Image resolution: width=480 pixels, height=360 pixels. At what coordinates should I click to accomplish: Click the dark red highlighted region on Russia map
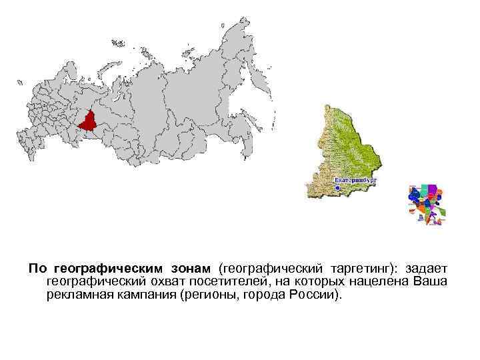coord(89,121)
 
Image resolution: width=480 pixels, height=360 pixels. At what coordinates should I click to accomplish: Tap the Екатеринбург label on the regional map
coord(355,180)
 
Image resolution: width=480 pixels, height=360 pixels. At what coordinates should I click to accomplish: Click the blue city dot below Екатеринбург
coord(337,189)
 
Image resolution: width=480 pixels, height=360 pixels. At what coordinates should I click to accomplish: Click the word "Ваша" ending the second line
coord(431,281)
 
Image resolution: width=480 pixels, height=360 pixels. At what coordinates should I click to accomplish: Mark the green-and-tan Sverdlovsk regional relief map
coord(346,150)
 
